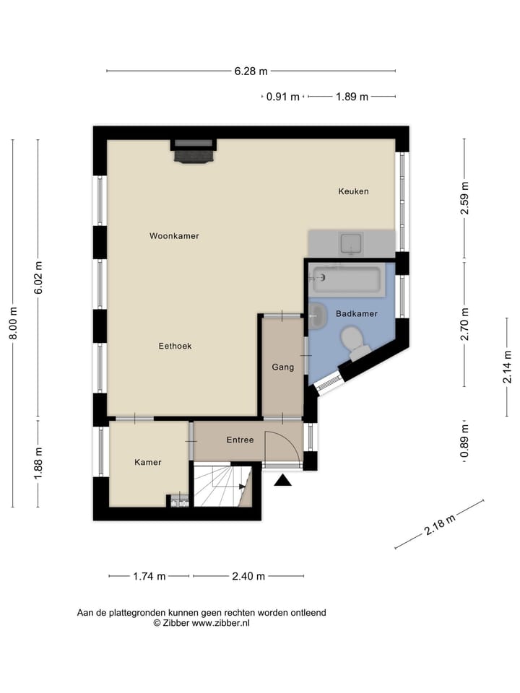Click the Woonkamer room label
tap(174, 236)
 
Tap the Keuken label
tap(353, 191)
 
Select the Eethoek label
tap(175, 346)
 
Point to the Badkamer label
tap(357, 313)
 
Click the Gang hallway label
tap(282, 367)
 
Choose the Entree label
tap(240, 439)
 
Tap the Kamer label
tap(148, 462)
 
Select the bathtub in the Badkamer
tap(346, 279)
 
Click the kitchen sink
tap(352, 243)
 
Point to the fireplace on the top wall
tap(194, 151)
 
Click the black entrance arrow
tap(282, 480)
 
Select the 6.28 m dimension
tap(251, 71)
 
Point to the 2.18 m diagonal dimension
tap(439, 526)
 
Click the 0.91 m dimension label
tap(282, 97)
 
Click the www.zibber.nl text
tap(220, 623)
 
